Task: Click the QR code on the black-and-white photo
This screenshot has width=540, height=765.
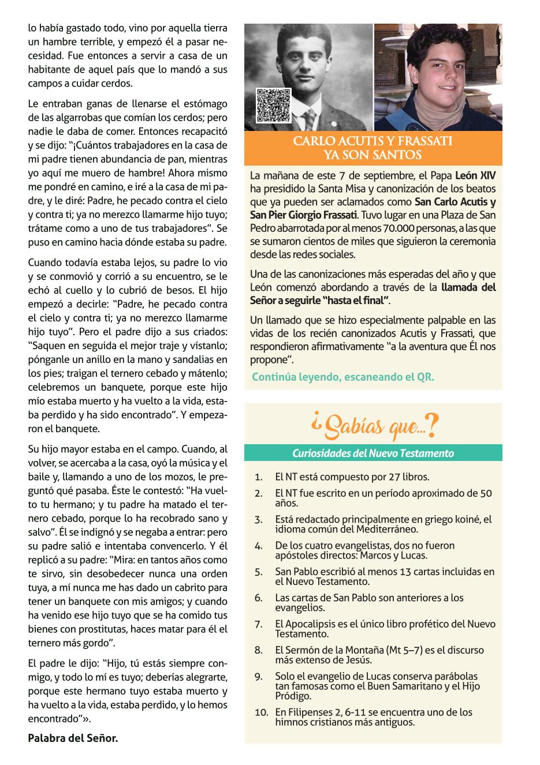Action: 273,105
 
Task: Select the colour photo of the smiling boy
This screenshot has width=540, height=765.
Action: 438,77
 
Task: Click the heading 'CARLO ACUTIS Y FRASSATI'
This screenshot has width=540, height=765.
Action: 373,141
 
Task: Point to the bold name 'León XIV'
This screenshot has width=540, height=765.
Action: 475,176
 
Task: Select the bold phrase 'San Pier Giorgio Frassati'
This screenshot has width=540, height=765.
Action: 304,215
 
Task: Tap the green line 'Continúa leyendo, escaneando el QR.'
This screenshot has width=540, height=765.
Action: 342,377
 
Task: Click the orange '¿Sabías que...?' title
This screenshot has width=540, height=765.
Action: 373,426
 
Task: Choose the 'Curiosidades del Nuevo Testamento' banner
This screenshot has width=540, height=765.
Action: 373,453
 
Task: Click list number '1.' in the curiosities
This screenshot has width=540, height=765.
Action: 259,477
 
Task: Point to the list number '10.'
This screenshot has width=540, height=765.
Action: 261,712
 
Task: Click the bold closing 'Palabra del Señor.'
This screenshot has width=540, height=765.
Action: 73,737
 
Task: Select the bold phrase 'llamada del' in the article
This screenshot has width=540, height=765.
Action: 468,287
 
